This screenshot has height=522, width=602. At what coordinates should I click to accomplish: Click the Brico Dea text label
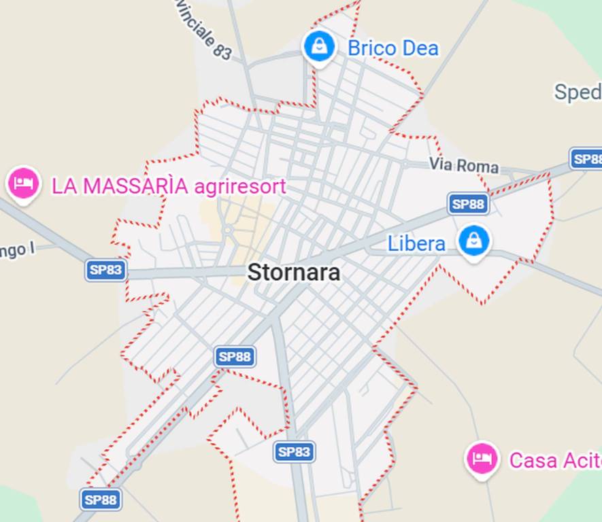[x=392, y=48]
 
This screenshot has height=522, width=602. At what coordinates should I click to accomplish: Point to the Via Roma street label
[x=463, y=165]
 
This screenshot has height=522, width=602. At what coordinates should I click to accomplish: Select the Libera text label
[x=416, y=243]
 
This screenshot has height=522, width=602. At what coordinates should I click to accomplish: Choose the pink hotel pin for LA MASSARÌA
[x=24, y=183]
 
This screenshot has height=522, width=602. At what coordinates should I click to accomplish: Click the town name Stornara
[x=293, y=273]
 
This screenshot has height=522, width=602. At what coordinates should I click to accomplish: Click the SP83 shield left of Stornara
[x=105, y=270]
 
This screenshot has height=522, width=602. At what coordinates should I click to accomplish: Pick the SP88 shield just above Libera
[x=469, y=203]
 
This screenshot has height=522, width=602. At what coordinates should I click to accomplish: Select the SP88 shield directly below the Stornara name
[x=235, y=356]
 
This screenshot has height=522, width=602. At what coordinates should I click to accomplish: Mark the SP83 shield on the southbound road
[x=294, y=451]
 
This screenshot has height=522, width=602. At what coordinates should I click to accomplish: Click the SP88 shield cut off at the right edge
[x=586, y=159]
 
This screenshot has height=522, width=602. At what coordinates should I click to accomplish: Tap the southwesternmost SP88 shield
[x=101, y=500]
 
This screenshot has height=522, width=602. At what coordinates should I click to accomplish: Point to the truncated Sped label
[x=578, y=92]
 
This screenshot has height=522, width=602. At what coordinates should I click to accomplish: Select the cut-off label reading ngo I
[x=16, y=250]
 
